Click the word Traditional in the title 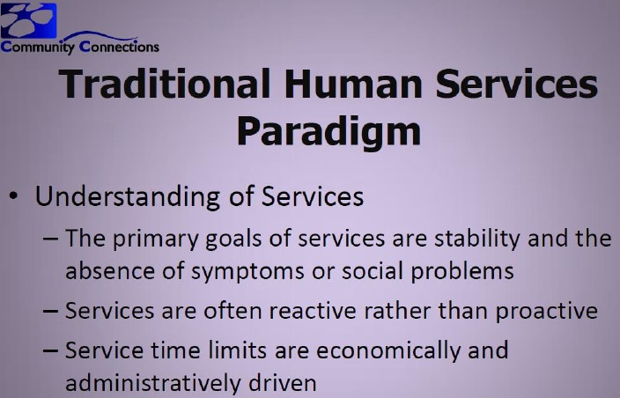pyautogui.click(x=165, y=84)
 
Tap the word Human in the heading pyautogui.click(x=354, y=84)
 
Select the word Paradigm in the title pyautogui.click(x=328, y=132)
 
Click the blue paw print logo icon pyautogui.click(x=28, y=20)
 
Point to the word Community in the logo pyautogui.click(x=38, y=47)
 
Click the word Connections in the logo pyautogui.click(x=119, y=47)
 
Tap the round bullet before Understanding pyautogui.click(x=13, y=196)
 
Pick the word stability pyautogui.click(x=477, y=239)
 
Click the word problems pyautogui.click(x=462, y=271)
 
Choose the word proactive pyautogui.click(x=546, y=311)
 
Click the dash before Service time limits pyautogui.click(x=50, y=350)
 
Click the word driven pyautogui.click(x=283, y=382)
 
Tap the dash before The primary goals pyautogui.click(x=50, y=239)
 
